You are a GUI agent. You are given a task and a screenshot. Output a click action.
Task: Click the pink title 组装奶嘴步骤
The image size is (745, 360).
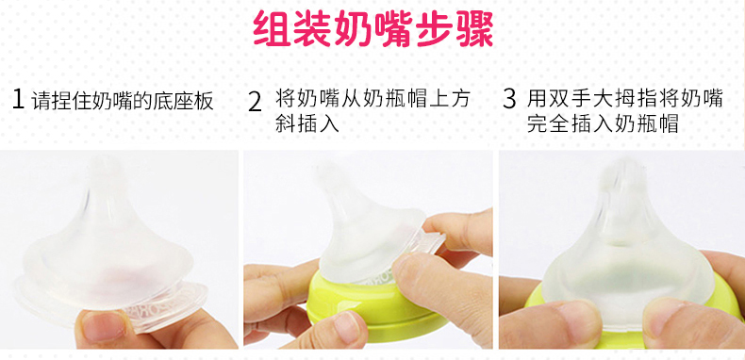(x=373, y=28)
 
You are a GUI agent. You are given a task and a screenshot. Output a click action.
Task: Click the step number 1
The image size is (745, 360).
(x=18, y=99)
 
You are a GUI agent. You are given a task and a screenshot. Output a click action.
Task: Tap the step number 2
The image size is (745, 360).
(x=256, y=102)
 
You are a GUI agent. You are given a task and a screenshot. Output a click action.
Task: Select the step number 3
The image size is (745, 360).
(x=509, y=99)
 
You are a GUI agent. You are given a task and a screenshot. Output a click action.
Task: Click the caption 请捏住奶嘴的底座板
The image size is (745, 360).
(x=123, y=101)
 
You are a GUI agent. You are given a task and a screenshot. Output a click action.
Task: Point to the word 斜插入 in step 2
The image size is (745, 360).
(x=306, y=124)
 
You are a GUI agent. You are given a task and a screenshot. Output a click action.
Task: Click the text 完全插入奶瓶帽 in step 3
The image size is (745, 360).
(x=603, y=124)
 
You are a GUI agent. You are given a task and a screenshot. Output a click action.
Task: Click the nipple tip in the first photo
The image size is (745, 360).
(x=106, y=166)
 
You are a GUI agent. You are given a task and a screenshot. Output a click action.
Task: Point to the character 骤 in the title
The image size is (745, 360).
(x=474, y=28)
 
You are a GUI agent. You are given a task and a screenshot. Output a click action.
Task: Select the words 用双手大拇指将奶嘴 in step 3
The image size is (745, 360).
(x=625, y=99)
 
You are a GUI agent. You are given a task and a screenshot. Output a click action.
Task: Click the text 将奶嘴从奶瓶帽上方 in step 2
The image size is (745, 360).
(x=372, y=99)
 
